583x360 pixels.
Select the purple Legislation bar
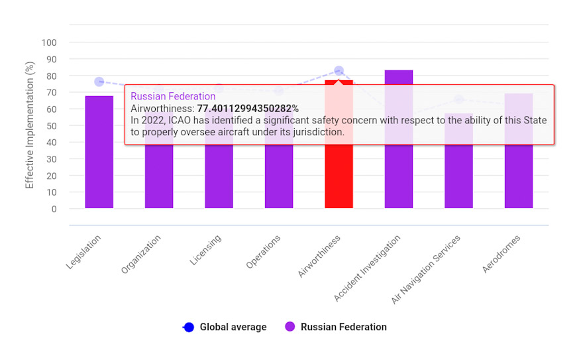point(99,152)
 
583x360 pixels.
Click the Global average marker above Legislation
point(99,82)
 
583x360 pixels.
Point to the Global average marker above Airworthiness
point(339,70)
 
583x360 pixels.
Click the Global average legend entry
point(225,327)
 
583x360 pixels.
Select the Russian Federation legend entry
point(336,327)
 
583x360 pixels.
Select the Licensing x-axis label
point(207,250)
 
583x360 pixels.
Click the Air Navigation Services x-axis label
point(426,269)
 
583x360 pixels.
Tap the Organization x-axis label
point(142,254)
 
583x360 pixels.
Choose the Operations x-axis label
point(264,252)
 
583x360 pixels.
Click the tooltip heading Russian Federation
point(173,96)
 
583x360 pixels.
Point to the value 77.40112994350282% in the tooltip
point(248,108)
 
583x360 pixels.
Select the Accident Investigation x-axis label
point(368,268)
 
